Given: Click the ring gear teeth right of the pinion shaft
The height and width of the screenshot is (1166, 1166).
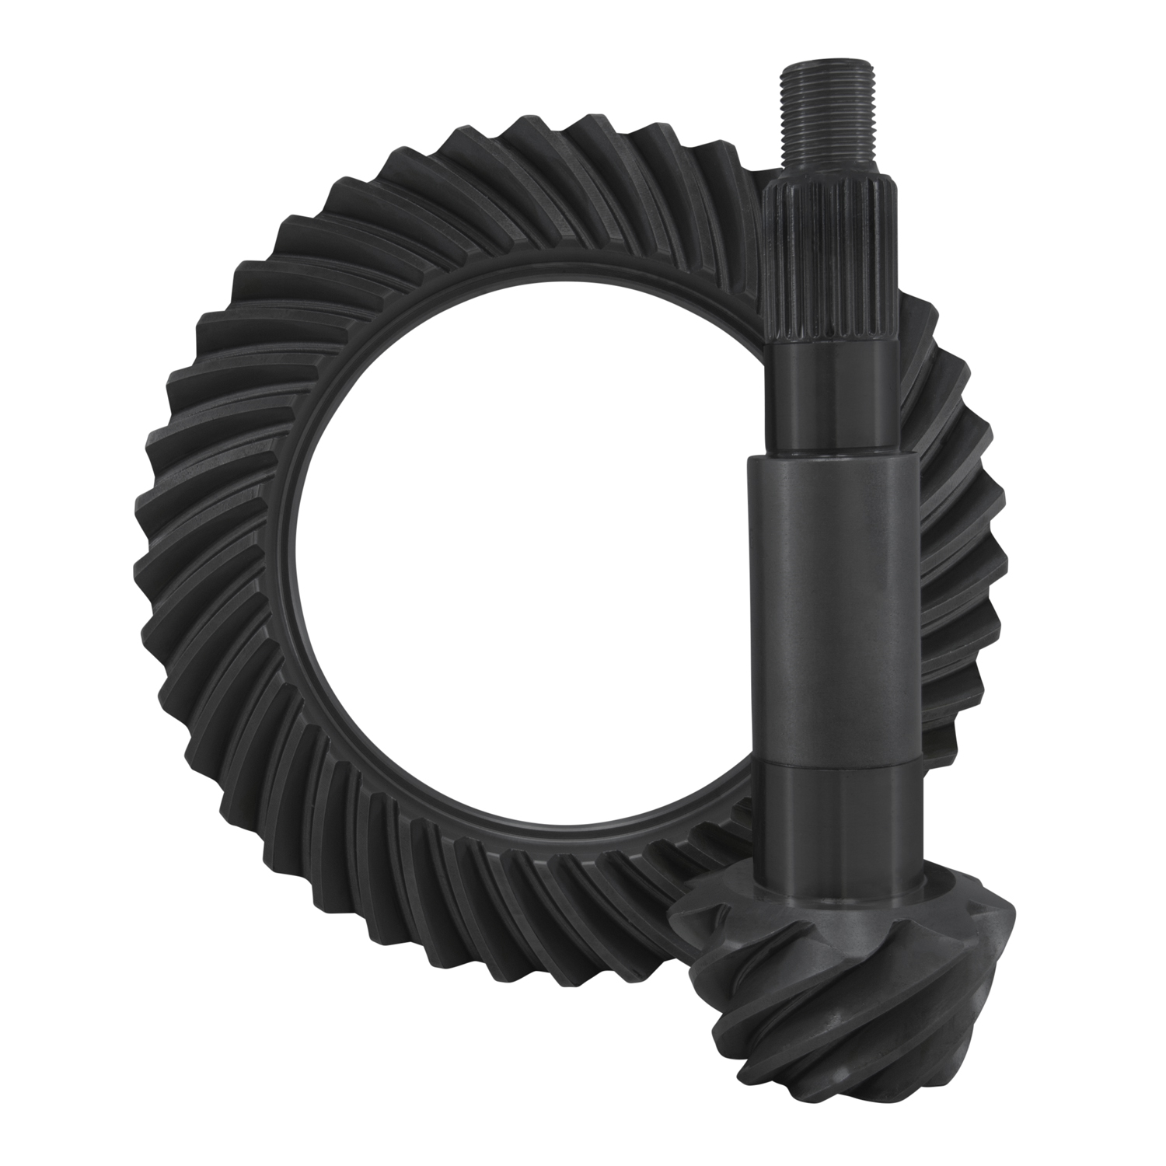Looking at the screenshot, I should tap(964, 544).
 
